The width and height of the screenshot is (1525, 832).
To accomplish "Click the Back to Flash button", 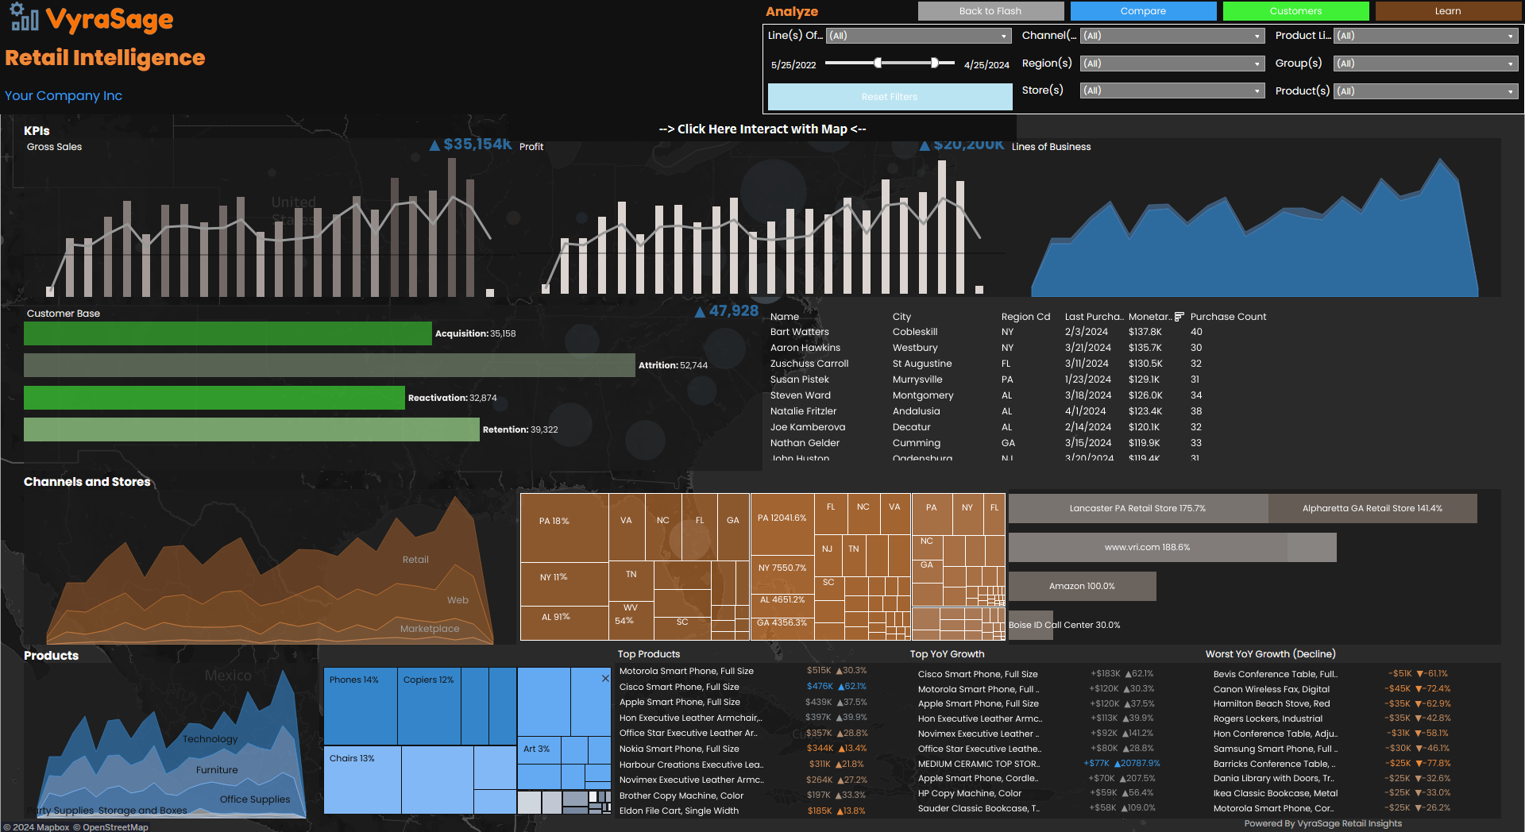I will pos(990,11).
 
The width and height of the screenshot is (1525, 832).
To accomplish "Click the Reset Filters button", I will pos(889,97).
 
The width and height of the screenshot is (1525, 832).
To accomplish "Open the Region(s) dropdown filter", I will pos(1172,64).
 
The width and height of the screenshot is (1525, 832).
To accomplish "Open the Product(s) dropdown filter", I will pos(1425,91).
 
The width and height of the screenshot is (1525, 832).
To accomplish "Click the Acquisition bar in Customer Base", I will pos(227,333).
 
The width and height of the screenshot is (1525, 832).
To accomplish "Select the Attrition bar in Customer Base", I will pos(329,365).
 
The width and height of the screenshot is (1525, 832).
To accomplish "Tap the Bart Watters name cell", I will pos(799,332).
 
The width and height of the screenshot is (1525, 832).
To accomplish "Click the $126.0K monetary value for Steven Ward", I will pos(1145,395).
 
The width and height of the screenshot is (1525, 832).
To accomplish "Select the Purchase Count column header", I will pos(1227,317).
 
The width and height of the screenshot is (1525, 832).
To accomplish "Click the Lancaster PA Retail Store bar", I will pos(1137,508).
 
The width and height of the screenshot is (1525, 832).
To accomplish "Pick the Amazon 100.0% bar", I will pos(1081,587).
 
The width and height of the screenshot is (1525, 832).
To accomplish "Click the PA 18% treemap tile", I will pos(563,528).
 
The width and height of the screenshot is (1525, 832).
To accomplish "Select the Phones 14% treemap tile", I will pos(360,705).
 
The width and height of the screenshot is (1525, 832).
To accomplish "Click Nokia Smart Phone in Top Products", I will pos(678,749).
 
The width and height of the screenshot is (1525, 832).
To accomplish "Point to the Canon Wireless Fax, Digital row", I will pos(1271,689).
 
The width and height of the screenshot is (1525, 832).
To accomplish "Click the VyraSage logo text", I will pos(109,19).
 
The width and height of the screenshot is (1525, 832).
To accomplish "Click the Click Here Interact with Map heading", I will pos(762,129).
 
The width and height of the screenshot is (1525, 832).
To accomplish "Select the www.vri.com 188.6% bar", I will pos(1147,548).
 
